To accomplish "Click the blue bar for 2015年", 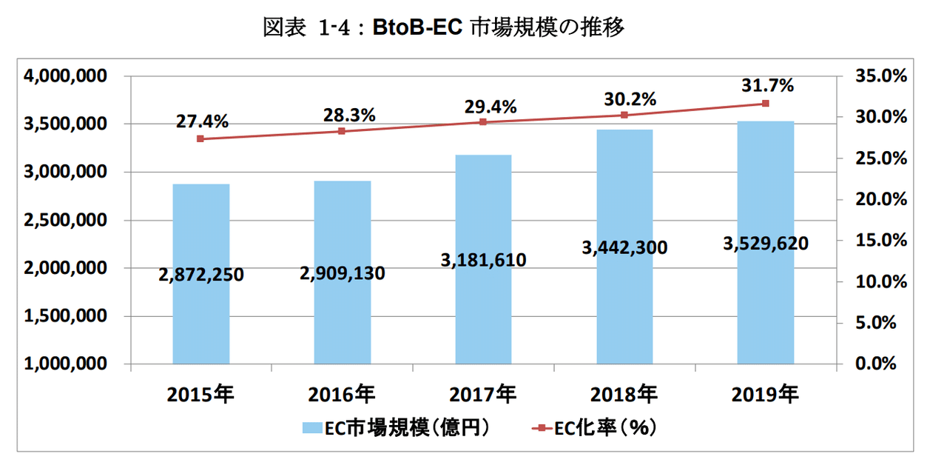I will pos(200,318).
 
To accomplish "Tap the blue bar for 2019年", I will pos(766,311).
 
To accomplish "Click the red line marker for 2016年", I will pos(342,131).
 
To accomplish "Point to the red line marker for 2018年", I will pos(624,115).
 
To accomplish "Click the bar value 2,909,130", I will pos(343,273).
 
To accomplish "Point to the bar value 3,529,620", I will pos(766,243).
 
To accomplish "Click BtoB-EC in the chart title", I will pos(418,28).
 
